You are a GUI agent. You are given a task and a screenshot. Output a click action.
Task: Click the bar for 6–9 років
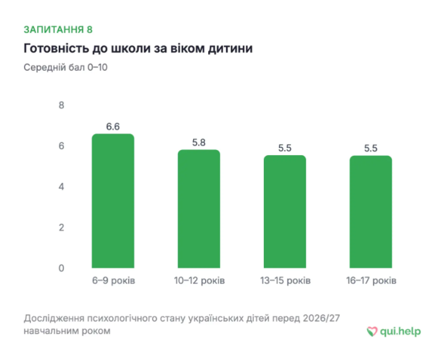pyautogui.click(x=113, y=201)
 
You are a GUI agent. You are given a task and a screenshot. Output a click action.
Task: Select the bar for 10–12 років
pyautogui.click(x=199, y=209)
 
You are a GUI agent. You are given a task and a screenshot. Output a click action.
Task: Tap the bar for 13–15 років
pyautogui.click(x=285, y=211)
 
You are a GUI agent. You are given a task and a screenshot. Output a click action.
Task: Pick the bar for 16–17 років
pyautogui.click(x=371, y=212)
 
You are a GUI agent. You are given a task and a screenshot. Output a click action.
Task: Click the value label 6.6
pyautogui.click(x=113, y=127)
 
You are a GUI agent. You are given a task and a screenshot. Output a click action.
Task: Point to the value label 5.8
pyautogui.click(x=199, y=142)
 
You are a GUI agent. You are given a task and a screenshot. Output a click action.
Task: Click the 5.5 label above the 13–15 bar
pyautogui.click(x=285, y=148)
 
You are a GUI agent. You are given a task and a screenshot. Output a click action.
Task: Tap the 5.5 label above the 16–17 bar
pyautogui.click(x=371, y=148)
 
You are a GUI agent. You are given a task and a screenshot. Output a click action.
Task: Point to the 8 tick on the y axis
pyautogui.click(x=61, y=105)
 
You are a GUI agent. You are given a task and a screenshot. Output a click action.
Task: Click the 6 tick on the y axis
pyautogui.click(x=61, y=146)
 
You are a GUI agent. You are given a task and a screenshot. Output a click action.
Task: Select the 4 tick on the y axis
pyautogui.click(x=61, y=187)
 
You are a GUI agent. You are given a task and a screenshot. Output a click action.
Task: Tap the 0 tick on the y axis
pyautogui.click(x=61, y=268)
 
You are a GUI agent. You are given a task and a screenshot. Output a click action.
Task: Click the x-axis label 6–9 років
pyautogui.click(x=113, y=281)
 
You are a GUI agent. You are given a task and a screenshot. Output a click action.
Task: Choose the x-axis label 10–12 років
pyautogui.click(x=199, y=281)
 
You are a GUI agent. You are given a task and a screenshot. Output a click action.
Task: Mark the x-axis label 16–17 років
pyautogui.click(x=371, y=281)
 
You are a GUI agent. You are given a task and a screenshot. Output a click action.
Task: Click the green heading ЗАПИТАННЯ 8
pyautogui.click(x=58, y=30)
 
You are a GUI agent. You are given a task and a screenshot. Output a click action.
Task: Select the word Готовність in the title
pyautogui.click(x=56, y=48)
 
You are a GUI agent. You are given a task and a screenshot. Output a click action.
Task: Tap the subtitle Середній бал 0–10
pyautogui.click(x=66, y=68)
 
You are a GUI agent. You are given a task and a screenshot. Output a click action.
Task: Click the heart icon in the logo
pyautogui.click(x=372, y=332)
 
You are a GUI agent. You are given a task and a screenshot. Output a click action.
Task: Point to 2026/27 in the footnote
pyautogui.click(x=321, y=318)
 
